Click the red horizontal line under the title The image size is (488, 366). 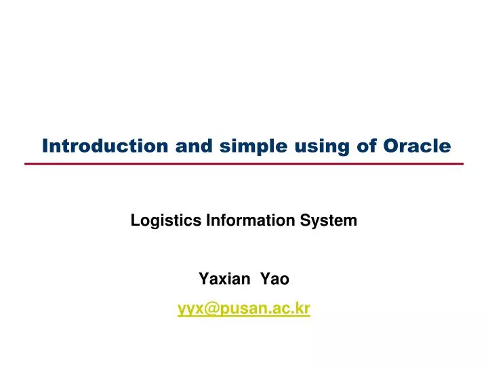click(244, 164)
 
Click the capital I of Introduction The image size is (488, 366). click(46, 146)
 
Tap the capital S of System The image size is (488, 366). click(314, 220)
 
